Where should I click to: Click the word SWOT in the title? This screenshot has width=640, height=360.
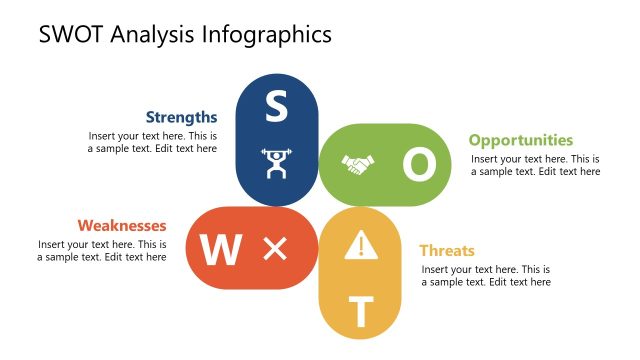[73, 35]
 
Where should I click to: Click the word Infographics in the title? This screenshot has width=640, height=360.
[267, 36]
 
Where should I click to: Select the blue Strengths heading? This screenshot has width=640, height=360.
[181, 117]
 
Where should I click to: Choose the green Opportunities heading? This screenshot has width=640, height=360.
[521, 140]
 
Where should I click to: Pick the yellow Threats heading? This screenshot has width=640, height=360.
[446, 250]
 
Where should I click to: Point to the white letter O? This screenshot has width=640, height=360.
[420, 165]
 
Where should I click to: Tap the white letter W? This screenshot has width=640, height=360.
[220, 250]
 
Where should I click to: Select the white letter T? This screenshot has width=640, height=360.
[361, 313]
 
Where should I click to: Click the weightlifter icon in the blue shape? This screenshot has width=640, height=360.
[275, 163]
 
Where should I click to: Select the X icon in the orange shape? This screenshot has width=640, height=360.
[275, 249]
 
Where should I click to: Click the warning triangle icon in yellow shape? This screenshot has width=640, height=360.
[358, 245]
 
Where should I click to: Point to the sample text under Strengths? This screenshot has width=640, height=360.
[152, 142]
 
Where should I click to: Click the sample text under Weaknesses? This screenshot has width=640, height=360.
[102, 250]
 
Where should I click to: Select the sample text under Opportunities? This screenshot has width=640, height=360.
[535, 165]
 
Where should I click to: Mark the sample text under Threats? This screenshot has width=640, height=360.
[485, 276]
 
